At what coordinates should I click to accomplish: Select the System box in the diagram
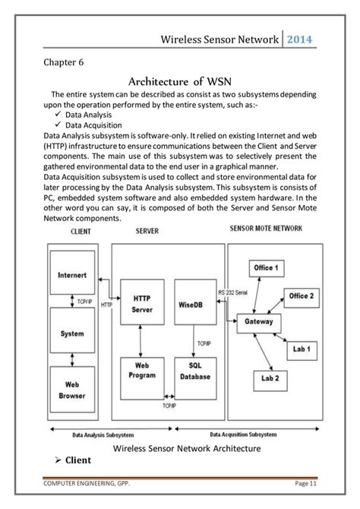pos(71,333)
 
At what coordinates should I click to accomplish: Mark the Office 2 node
pos(302,295)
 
